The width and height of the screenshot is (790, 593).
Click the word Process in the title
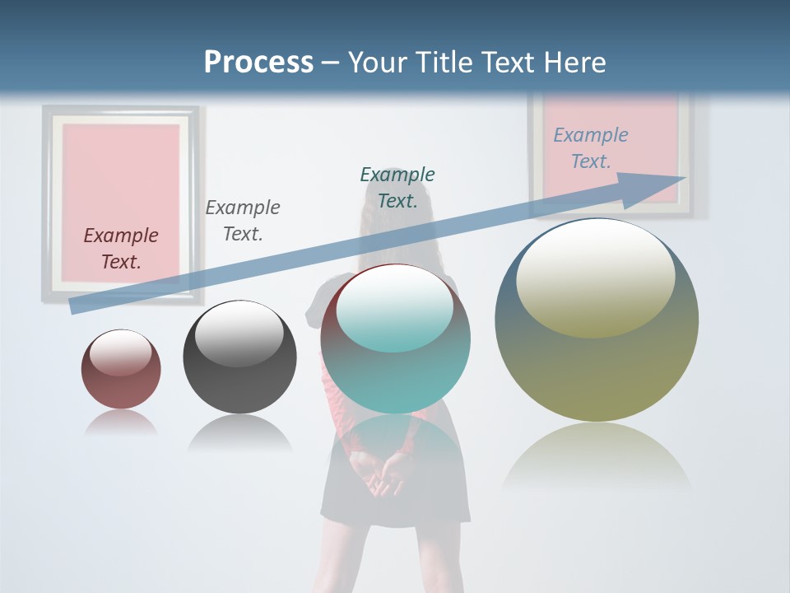pos(258,63)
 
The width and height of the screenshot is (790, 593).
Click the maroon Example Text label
pos(121,249)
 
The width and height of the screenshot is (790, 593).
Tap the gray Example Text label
pos(243,221)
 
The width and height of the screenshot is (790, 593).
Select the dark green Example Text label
pos(397,188)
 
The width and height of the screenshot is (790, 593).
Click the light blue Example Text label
pos(591,148)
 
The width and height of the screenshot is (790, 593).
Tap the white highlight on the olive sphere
pos(595,276)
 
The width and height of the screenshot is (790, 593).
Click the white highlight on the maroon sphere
pos(121,352)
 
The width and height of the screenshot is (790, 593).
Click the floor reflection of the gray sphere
pos(239,432)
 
